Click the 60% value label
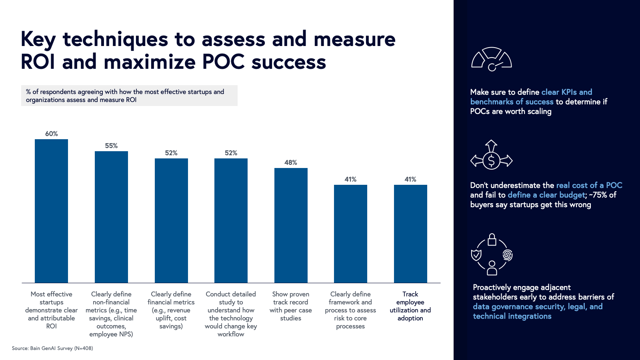click(x=51, y=134)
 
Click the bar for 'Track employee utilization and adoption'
click(x=410, y=234)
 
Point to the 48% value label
click(x=291, y=162)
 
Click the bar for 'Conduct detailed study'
click(x=231, y=220)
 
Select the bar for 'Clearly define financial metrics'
click(x=171, y=220)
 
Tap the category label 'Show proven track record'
click(x=291, y=306)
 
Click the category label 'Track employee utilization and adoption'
click(x=410, y=306)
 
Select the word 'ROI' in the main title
click(x=38, y=62)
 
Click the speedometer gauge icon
click(x=492, y=60)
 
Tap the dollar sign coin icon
click(x=492, y=161)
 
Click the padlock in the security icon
click(x=492, y=240)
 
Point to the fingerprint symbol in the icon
click(x=507, y=255)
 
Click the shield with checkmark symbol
click(x=476, y=255)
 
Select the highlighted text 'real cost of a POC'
click(x=589, y=185)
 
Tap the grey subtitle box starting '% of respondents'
click(x=129, y=96)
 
